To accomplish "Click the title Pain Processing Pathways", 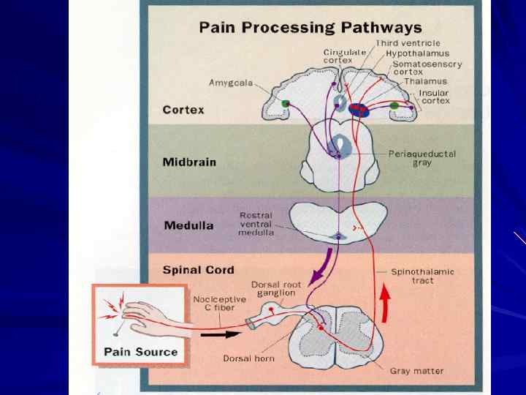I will click(x=311, y=28).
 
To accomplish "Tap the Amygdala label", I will click(x=231, y=83).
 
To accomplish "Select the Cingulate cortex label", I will click(x=341, y=57).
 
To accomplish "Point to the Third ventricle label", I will click(x=408, y=44).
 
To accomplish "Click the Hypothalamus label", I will click(x=417, y=53).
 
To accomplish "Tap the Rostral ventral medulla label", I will click(x=256, y=224).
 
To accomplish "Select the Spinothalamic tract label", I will click(x=422, y=276).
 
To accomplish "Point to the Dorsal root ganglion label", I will click(x=273, y=288).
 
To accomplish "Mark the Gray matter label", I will click(x=416, y=371).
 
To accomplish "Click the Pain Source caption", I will click(x=140, y=351).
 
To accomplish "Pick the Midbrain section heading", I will click(x=189, y=162).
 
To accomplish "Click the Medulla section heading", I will click(x=188, y=225).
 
